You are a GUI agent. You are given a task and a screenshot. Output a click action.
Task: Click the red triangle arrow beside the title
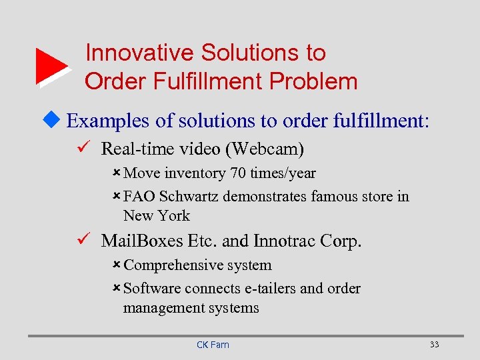(x=51, y=66)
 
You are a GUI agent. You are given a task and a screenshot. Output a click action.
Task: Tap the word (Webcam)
(x=265, y=149)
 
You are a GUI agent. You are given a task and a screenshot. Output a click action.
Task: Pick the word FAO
(x=138, y=197)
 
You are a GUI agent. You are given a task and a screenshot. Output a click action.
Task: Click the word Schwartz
(x=189, y=197)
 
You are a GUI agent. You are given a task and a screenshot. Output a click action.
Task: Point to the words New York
(x=157, y=216)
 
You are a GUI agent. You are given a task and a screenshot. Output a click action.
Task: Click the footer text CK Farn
(x=213, y=345)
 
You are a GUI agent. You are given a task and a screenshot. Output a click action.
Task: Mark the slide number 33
(x=435, y=345)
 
